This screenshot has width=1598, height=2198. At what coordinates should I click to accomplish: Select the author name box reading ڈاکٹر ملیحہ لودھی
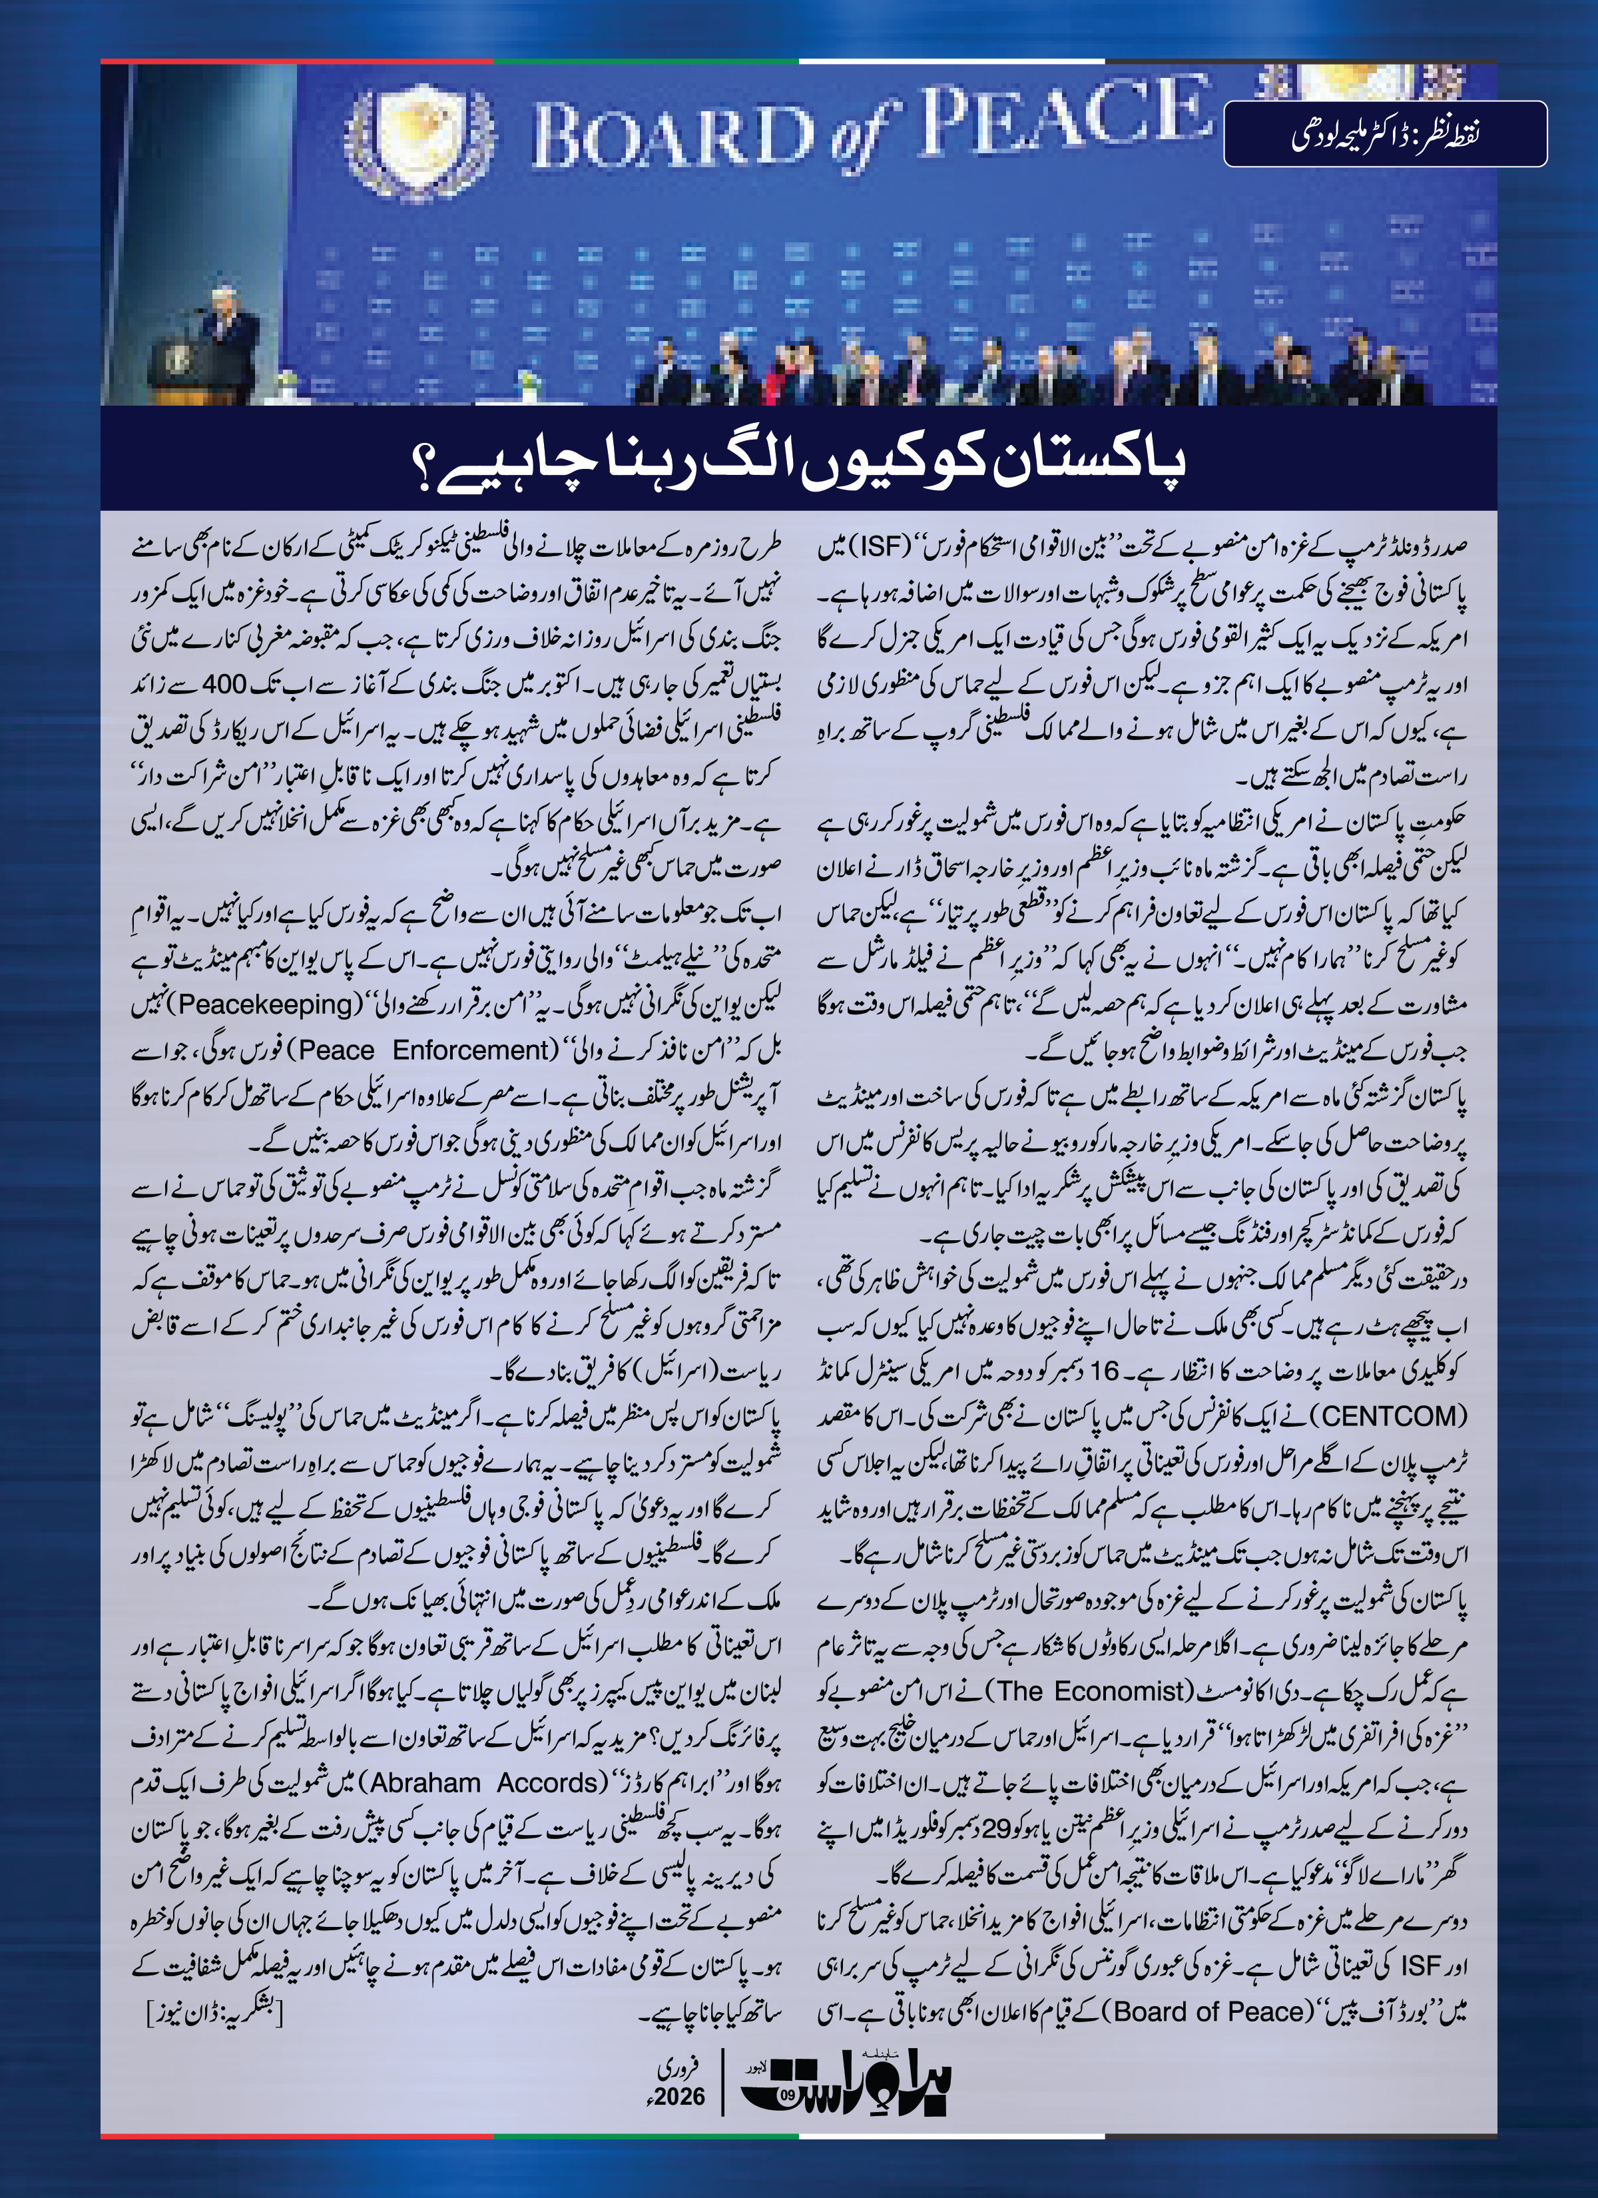(x=1385, y=134)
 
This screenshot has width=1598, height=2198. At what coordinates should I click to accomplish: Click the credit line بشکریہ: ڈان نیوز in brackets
(x=214, y=2014)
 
